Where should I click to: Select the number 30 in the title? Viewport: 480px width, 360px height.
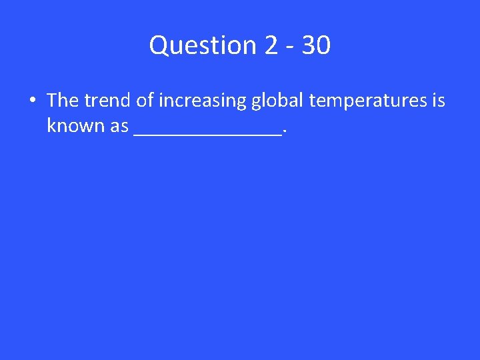(315, 45)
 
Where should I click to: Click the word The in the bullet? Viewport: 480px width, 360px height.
(63, 100)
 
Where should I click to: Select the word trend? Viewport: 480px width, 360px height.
(107, 100)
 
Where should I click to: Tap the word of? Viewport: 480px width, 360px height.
(144, 100)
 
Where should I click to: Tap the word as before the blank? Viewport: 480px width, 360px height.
(117, 126)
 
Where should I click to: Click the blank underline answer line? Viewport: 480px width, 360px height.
(207, 133)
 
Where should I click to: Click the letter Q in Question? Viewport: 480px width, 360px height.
(159, 45)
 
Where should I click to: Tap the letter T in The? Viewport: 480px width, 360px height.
(52, 100)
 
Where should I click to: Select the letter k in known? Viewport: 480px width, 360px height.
(51, 125)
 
